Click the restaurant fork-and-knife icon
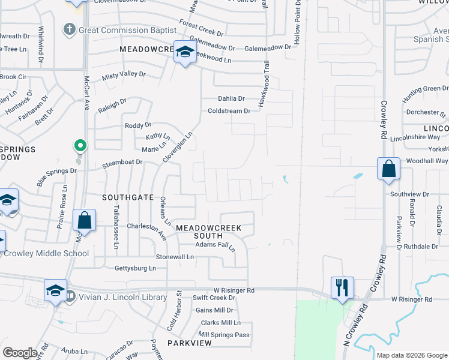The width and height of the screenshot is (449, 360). pos(342,286)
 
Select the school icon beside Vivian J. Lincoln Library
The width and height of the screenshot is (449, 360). pos(55,290)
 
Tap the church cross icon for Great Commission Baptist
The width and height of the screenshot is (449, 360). pos(70,29)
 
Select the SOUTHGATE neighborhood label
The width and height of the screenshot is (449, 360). pos(127,197)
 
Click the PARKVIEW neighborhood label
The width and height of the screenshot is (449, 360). pos(190,343)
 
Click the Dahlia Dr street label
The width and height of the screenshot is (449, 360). pos(231,98)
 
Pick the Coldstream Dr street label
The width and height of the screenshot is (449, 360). pos(229,111)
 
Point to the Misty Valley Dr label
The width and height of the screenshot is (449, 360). pos(124,74)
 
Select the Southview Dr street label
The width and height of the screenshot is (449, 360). pos(409,194)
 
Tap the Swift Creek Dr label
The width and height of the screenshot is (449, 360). pos(214,298)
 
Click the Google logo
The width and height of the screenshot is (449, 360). pos(20,353)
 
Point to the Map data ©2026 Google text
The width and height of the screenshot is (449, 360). pos(412,355)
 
